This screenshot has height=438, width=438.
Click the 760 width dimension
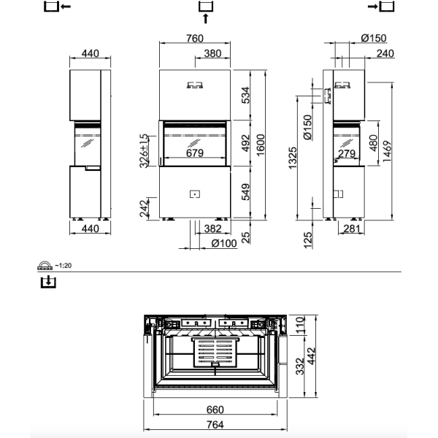point(195,39)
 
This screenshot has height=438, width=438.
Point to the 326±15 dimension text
point(145,150)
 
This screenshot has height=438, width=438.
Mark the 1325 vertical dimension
point(293,156)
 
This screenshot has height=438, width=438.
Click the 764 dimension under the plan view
point(214,425)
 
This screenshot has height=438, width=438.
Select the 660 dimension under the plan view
point(214,409)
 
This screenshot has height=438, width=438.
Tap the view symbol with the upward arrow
point(205,10)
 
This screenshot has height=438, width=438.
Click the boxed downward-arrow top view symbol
point(47,280)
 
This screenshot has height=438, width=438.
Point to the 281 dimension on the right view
point(351,228)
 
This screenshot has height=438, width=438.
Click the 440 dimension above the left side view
point(91,53)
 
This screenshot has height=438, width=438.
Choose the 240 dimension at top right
point(385,53)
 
